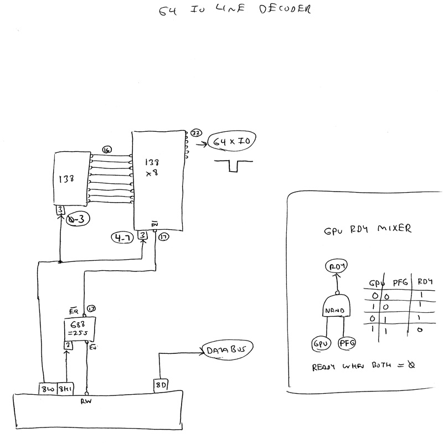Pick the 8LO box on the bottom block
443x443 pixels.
46,388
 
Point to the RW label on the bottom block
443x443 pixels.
86,401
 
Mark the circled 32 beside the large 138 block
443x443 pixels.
195,133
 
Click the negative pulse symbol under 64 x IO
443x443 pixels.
233,164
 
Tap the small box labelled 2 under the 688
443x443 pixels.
66,346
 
